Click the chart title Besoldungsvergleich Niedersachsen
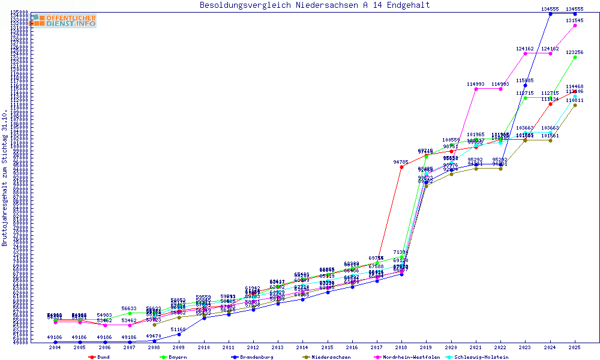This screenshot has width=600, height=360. tap(314, 5)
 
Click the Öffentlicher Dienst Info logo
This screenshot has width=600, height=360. tap(64, 20)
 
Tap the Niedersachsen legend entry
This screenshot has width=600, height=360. tap(327, 357)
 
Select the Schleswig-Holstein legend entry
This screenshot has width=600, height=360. tap(484, 357)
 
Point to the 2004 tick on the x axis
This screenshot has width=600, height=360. tap(55, 347)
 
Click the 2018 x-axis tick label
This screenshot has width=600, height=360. tap(401, 347)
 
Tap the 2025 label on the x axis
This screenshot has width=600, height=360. tap(575, 347)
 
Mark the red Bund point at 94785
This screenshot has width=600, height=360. tap(401, 167)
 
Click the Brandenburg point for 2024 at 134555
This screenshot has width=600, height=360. tap(550, 14)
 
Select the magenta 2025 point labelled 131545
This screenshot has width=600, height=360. tap(575, 25)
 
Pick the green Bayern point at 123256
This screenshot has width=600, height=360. tap(575, 57)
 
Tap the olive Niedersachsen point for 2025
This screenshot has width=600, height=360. tap(575, 105)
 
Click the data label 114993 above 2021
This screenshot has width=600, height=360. tap(475, 84)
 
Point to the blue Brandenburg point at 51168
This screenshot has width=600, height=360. tap(179, 334)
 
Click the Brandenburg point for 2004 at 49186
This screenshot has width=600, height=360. tap(55, 341)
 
